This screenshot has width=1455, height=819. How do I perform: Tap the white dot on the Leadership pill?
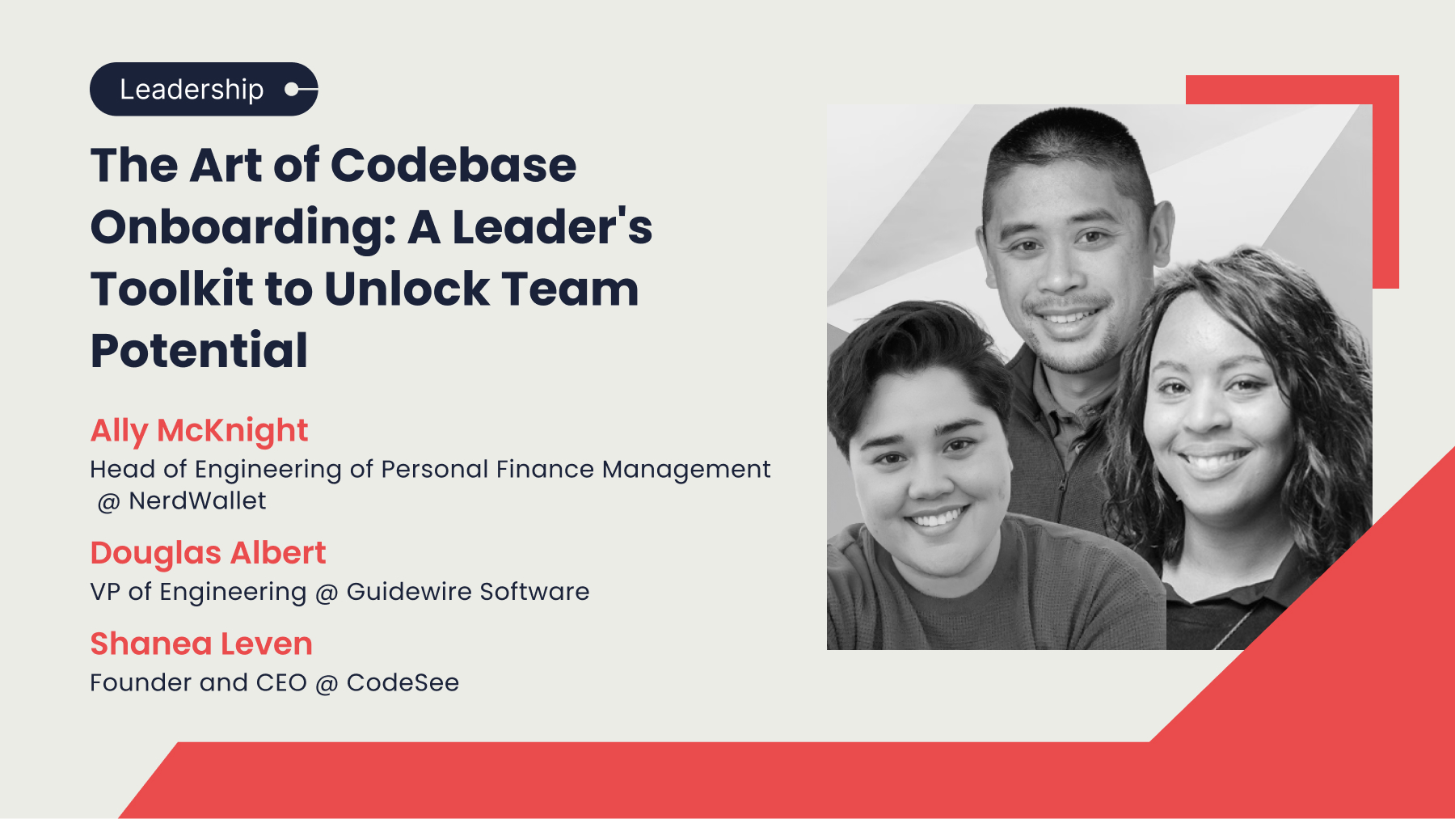292,89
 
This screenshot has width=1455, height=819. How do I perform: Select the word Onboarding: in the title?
243,227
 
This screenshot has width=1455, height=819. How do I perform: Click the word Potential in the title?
199,350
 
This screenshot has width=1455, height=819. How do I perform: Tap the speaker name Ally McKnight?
199,430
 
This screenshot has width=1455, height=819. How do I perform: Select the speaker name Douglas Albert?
208,553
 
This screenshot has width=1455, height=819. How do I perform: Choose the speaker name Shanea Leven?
201,644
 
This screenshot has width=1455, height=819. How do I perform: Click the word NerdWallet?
197,501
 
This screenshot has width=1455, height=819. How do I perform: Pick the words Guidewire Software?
468,592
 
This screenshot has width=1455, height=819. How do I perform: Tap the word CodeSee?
403,683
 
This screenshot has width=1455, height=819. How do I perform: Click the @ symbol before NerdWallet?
108,503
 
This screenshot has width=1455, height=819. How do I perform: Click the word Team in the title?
570,289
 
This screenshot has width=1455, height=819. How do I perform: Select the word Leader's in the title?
552,227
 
